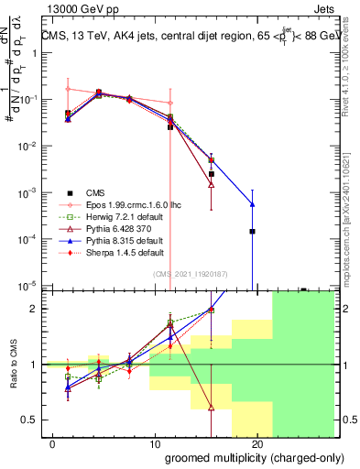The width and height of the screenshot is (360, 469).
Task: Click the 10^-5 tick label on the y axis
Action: [x=27, y=286]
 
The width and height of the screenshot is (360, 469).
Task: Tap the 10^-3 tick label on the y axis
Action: [x=27, y=193]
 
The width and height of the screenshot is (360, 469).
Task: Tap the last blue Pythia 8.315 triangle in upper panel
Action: [x=252, y=204]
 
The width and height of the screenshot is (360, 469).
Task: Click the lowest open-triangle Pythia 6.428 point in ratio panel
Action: [x=212, y=408]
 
